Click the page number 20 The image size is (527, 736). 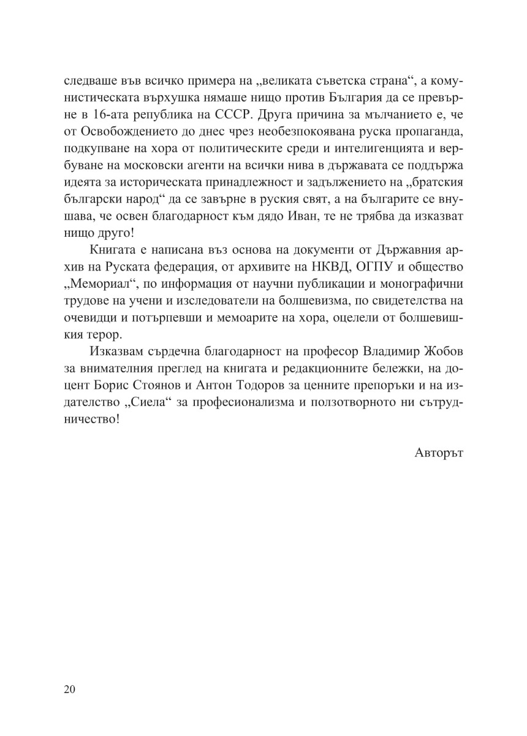tap(69, 689)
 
